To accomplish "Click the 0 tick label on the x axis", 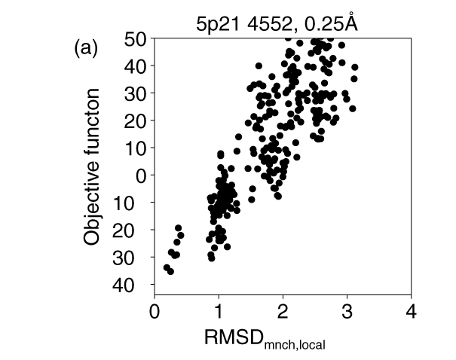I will click(x=155, y=311).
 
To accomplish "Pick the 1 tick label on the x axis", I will click(x=219, y=311).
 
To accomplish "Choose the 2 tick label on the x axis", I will click(x=283, y=311).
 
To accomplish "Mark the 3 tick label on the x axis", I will click(x=347, y=311).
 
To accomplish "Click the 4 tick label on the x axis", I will click(x=411, y=311).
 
